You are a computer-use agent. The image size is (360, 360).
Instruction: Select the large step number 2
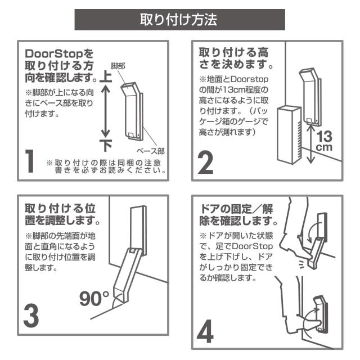(206, 161)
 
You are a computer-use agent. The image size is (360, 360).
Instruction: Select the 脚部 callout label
(118, 66)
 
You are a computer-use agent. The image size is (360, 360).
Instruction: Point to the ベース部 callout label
(151, 151)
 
